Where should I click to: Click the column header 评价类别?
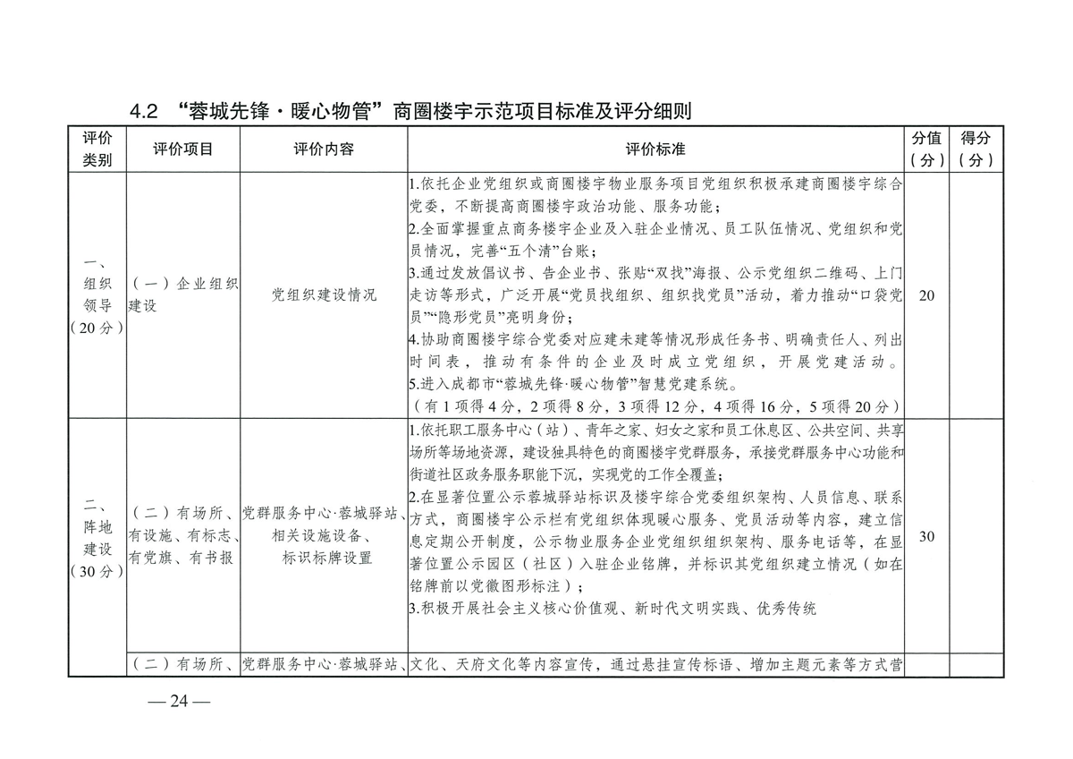tap(97, 149)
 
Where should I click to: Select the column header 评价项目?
tap(183, 149)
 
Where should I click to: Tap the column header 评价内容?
tap(324, 149)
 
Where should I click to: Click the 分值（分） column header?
tap(926, 149)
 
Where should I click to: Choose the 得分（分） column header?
tap(976, 149)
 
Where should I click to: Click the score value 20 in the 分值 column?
tap(926, 295)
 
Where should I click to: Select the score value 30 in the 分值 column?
tap(926, 536)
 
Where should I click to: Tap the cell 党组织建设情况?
tap(324, 295)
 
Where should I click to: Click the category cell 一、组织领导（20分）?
tap(97, 295)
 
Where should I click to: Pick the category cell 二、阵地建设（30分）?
tap(97, 536)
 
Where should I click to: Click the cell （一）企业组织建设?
tap(183, 295)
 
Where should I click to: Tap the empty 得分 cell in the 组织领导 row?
tap(976, 295)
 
